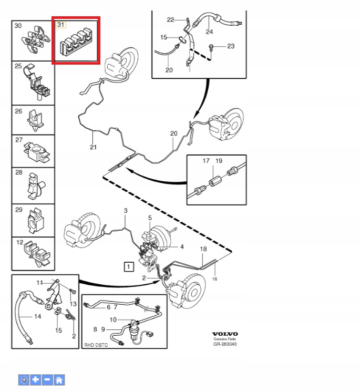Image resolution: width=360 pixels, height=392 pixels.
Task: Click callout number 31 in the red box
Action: point(61,25)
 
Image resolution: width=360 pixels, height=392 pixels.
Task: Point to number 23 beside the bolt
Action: point(231,47)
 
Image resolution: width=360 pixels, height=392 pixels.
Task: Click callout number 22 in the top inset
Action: point(170,19)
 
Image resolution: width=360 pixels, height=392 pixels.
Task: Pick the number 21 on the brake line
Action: point(94,147)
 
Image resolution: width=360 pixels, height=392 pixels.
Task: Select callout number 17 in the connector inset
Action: point(207,160)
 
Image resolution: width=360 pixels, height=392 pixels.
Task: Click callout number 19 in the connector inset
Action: point(219,160)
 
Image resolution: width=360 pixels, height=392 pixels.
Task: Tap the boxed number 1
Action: point(129,267)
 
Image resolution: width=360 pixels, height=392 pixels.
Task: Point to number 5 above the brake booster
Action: point(150,218)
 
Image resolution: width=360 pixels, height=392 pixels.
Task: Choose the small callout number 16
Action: point(214,279)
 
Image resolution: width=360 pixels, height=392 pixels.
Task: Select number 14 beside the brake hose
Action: point(37,317)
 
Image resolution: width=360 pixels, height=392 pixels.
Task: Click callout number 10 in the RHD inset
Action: point(112,319)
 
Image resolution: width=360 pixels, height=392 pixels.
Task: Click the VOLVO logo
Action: point(225,334)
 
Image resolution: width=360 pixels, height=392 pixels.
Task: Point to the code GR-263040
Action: point(225,345)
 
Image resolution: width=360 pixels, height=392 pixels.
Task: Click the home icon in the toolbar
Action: point(59,379)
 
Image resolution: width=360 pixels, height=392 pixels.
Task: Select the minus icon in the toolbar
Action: point(47,379)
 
